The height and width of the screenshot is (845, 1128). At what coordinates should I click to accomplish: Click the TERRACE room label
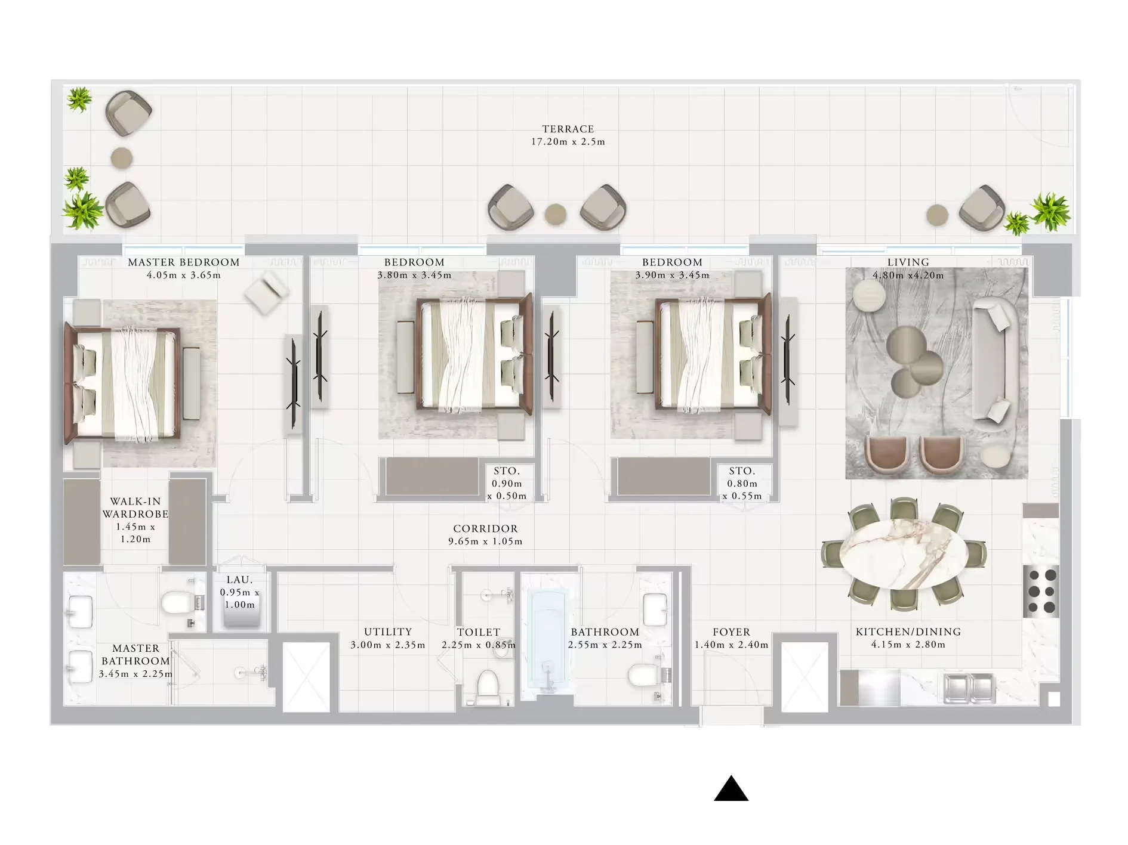point(568,129)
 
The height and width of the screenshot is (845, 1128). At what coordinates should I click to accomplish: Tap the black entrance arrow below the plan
point(731,788)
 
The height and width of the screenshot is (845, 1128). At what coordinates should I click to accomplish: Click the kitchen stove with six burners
point(1041,592)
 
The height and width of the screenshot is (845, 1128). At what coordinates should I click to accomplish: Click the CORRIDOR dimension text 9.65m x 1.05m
point(485,541)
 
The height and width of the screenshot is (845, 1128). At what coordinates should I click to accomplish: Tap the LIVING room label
point(908,262)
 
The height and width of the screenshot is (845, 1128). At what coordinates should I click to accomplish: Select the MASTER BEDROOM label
point(184,262)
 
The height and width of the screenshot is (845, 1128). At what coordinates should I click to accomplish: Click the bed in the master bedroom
point(122,385)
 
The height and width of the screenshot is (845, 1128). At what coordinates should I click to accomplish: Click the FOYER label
point(731,632)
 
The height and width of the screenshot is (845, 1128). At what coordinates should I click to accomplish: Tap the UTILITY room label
point(388,632)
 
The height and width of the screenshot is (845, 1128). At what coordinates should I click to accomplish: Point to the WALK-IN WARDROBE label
point(135,507)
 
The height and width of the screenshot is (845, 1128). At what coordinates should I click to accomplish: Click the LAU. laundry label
point(239,580)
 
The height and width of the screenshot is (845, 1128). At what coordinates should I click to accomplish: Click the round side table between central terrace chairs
point(556,213)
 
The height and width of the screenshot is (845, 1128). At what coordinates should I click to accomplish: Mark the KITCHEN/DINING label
point(908,632)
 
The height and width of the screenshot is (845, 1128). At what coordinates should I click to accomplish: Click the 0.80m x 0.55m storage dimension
point(742,490)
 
